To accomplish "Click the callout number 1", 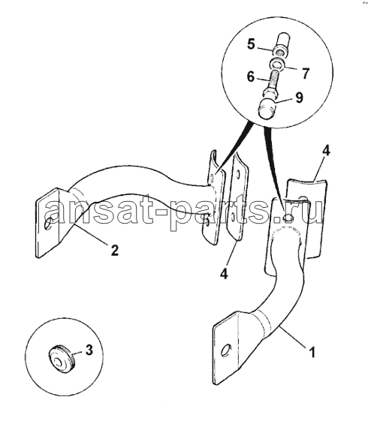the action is tap(312, 352).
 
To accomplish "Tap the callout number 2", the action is tap(114, 250).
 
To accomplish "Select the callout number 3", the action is tap(89, 350).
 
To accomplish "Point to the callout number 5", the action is tap(251, 44).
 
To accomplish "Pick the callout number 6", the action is tap(250, 77).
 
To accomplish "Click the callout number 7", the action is tap(305, 74).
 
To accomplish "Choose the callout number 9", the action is tap(299, 98).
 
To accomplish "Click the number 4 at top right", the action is tap(325, 151).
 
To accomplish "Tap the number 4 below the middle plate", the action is tap(224, 274).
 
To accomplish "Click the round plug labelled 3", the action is tap(62, 359).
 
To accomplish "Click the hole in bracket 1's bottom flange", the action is tap(226, 350).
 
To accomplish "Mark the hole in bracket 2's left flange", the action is tap(49, 223).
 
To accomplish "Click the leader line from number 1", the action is tap(293, 338).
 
